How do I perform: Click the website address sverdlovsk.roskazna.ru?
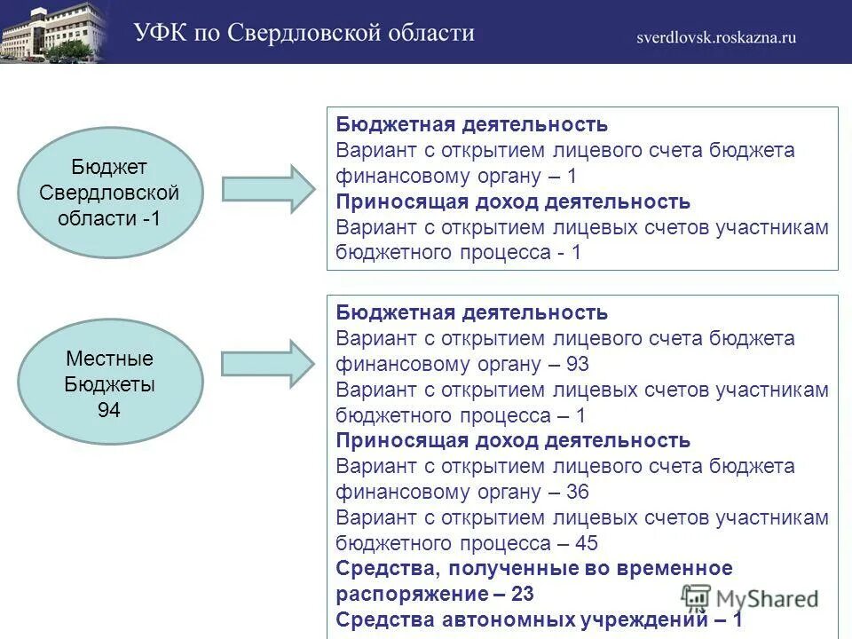[715, 37]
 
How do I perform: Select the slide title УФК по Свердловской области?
[304, 34]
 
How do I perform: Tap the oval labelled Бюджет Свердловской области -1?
[110, 192]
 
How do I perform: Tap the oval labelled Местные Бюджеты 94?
[110, 384]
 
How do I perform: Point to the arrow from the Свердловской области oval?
[267, 188]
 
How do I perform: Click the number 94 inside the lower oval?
[109, 410]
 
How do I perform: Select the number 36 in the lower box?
[575, 493]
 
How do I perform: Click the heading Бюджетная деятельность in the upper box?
[472, 125]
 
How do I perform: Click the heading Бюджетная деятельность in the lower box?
[472, 313]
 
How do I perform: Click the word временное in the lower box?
[678, 569]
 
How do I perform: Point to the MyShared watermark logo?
[750, 598]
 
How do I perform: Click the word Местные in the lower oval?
[110, 359]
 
